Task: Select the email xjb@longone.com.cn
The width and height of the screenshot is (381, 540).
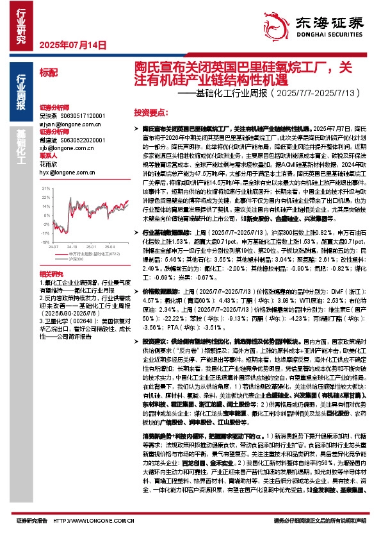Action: click(65, 148)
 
